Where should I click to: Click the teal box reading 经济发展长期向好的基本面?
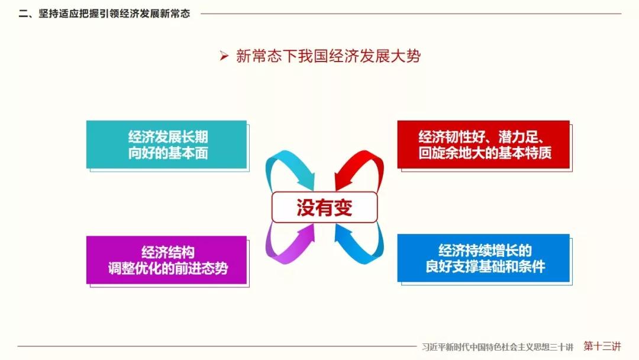(166, 144)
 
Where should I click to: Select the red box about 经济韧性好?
(483, 144)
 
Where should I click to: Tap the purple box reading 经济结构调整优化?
(166, 260)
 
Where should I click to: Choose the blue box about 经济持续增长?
(483, 258)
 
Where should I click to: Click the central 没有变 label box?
(324, 207)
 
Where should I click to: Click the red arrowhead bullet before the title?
(224, 56)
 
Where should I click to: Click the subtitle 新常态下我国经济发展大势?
(328, 56)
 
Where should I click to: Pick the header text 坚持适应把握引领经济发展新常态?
(115, 14)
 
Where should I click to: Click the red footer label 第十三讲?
(602, 346)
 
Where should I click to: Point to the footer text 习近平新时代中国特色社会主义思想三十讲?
(498, 347)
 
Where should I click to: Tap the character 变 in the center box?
(343, 207)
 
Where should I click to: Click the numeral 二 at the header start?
(23, 14)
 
